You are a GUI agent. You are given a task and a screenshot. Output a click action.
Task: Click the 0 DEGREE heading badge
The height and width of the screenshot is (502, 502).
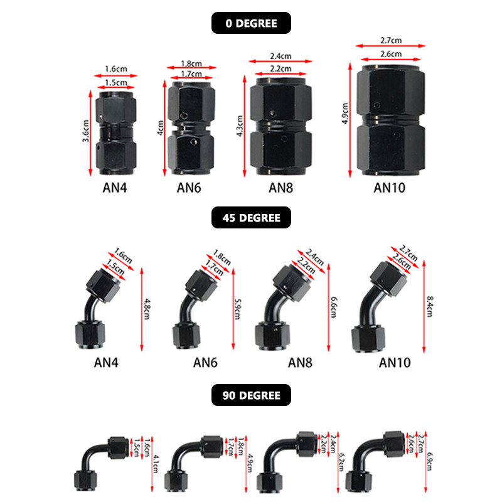point(251,23)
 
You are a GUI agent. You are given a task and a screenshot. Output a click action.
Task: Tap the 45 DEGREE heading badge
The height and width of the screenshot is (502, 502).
point(251,219)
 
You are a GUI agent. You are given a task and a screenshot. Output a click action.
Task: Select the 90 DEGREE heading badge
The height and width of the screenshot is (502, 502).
point(251,396)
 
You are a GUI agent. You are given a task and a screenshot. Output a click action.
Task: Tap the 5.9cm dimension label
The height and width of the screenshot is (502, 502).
point(238,310)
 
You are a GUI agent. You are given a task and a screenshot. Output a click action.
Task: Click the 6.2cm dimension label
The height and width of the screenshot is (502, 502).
point(342,462)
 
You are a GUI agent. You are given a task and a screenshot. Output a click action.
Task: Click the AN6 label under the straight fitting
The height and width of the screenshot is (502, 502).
point(189,187)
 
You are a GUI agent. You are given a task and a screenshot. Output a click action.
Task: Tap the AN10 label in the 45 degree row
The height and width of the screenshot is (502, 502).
point(396,362)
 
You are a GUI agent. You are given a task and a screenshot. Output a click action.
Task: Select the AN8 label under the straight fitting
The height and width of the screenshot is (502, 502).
point(280,187)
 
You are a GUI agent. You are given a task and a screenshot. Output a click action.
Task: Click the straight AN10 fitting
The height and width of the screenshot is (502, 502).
point(390,122)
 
